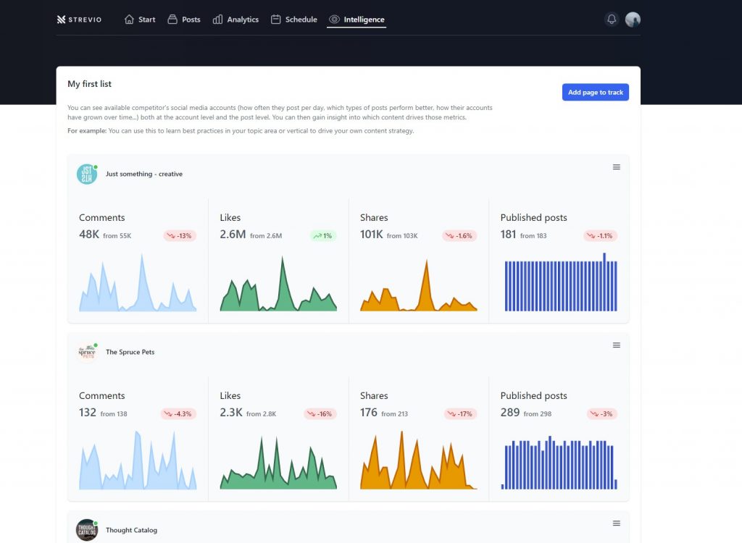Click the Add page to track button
596,92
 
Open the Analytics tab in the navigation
235,20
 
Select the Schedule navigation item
294,20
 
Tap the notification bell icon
612,20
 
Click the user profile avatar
633,20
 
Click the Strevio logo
79,20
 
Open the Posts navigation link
184,20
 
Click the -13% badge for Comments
180,235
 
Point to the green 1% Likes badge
322,235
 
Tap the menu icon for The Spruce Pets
616,345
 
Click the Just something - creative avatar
87,174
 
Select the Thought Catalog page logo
87,530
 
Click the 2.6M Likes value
233,234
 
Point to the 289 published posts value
510,413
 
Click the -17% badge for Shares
460,414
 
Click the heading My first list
89,84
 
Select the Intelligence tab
357,20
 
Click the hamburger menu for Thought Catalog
616,523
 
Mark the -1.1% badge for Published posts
601,235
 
